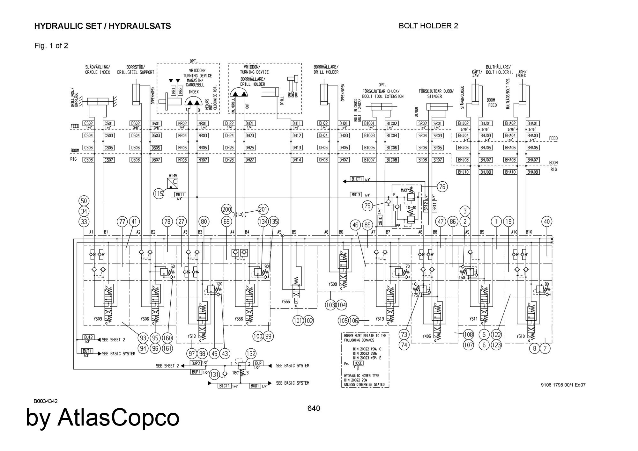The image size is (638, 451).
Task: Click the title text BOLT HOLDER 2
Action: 428,26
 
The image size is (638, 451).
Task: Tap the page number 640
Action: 314,408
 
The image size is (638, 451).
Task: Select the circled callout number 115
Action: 159,193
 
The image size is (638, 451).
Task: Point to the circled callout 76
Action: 442,186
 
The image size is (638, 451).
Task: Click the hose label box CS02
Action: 88,123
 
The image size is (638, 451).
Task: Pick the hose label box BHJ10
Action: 463,172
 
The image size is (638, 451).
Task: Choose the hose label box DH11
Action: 297,123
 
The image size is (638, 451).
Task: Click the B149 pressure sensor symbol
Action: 173,183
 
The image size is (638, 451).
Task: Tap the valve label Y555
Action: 286,301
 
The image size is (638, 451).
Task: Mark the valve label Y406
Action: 427,336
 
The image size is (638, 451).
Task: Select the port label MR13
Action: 356,194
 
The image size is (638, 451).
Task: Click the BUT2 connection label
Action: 88,337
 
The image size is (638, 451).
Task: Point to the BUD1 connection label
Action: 255,386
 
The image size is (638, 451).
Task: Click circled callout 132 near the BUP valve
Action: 251,353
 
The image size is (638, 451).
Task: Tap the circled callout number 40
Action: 547,222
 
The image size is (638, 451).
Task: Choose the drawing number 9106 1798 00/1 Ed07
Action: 563,385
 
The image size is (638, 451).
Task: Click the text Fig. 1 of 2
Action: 51,46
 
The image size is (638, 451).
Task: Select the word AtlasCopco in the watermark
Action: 118,418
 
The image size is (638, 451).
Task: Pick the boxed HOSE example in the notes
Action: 358,363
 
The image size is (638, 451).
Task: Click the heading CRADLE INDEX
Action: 97,72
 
